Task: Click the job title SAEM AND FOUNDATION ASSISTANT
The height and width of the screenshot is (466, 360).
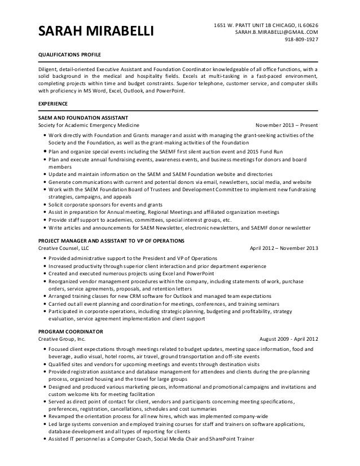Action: tap(78, 117)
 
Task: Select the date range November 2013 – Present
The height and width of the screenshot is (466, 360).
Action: tap(287, 125)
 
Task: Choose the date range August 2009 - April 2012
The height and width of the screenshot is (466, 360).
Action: tap(288, 338)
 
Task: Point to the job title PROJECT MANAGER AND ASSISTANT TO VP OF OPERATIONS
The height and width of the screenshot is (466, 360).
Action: tap(111, 240)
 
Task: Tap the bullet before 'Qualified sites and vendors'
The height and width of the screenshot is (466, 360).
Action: tap(45, 364)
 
